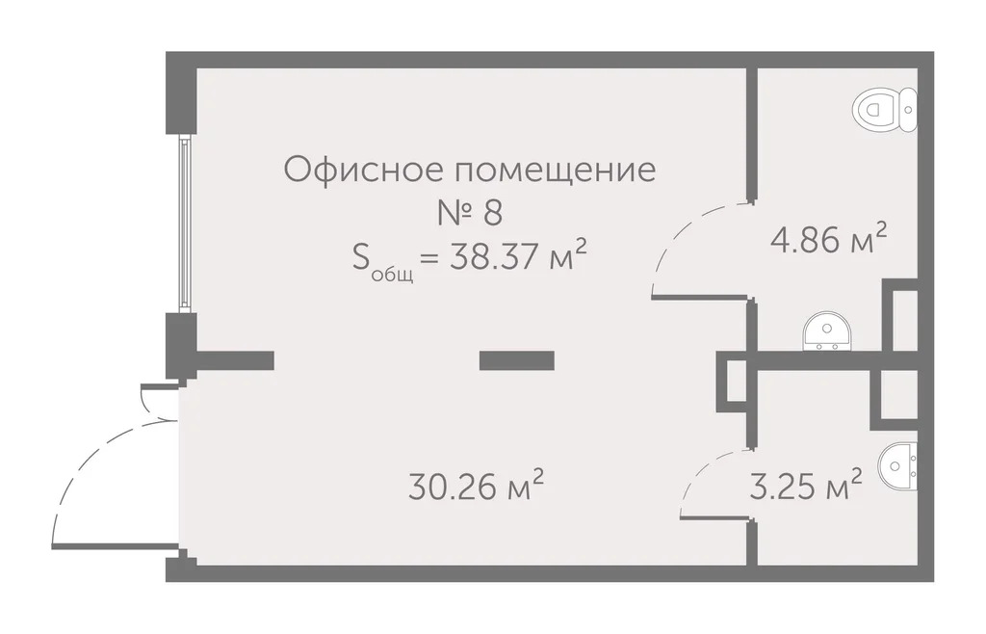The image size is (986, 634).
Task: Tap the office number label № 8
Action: click(x=470, y=212)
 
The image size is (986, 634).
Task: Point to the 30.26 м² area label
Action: click(x=476, y=487)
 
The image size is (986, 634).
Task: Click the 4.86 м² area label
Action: click(x=828, y=238)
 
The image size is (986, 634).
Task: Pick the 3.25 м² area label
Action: click(x=805, y=487)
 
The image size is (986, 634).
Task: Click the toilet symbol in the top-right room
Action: click(x=884, y=108)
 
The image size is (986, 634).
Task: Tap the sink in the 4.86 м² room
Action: click(x=825, y=330)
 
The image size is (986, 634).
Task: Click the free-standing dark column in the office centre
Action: click(x=517, y=360)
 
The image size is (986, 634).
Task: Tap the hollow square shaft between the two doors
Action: click(x=733, y=383)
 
